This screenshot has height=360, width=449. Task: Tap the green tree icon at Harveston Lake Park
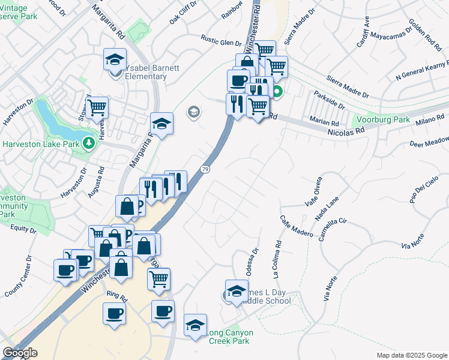[x=89, y=143]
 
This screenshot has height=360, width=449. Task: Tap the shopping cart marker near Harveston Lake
[x=96, y=108]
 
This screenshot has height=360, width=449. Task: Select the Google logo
[x=20, y=353]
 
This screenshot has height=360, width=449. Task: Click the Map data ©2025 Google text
[x=411, y=355]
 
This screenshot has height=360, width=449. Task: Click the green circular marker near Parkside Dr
[x=277, y=92]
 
